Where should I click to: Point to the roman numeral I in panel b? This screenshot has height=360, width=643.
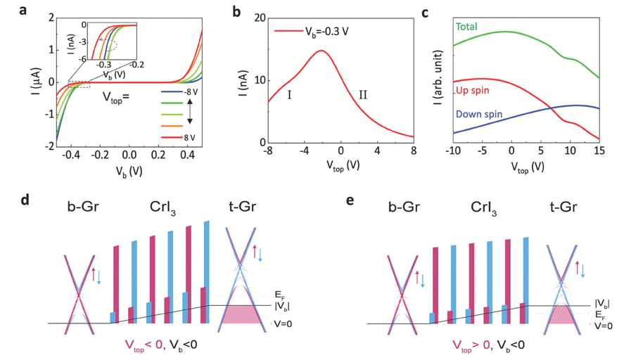289,94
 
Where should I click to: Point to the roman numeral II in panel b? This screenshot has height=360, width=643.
363,94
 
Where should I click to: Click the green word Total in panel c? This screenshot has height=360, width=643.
466,27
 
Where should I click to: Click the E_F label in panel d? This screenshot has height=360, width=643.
281,296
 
